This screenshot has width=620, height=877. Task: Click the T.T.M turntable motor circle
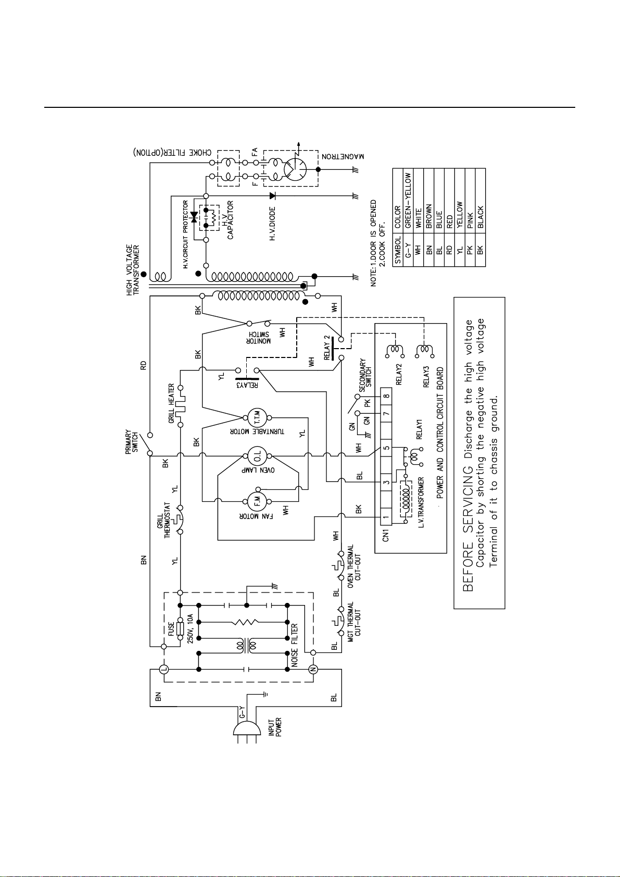[257, 418]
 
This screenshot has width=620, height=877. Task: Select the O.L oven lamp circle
[257, 456]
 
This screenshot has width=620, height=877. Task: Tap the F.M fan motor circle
[257, 501]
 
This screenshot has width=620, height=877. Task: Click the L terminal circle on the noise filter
[164, 670]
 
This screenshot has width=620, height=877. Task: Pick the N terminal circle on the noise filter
[312, 670]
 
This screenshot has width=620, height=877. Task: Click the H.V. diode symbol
[272, 195]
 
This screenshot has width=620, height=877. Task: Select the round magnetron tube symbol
[295, 169]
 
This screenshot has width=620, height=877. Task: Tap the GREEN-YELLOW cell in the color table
[408, 201]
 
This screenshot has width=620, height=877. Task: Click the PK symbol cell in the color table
[470, 250]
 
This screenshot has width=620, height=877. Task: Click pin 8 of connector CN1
[386, 396]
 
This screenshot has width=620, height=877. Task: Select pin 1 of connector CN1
[386, 517]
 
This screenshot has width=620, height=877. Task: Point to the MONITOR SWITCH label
[258, 338]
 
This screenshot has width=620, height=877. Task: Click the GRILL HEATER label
[171, 403]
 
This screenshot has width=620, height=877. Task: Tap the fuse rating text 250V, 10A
[190, 628]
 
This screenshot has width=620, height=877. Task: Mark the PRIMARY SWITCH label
[132, 442]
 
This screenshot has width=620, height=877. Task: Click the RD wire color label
[144, 365]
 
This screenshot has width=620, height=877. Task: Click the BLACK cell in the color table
[480, 217]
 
